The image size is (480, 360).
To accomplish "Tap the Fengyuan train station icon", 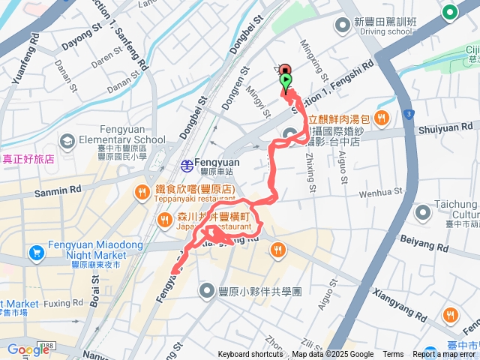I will (x=185, y=165).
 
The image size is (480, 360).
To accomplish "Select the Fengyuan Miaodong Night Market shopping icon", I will (x=36, y=253).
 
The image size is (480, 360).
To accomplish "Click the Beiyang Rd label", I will (x=424, y=245).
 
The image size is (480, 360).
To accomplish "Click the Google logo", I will (x=28, y=349).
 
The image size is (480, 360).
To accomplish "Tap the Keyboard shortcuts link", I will (x=250, y=355).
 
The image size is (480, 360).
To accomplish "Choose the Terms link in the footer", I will (x=393, y=355).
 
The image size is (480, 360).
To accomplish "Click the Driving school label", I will (x=388, y=31).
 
